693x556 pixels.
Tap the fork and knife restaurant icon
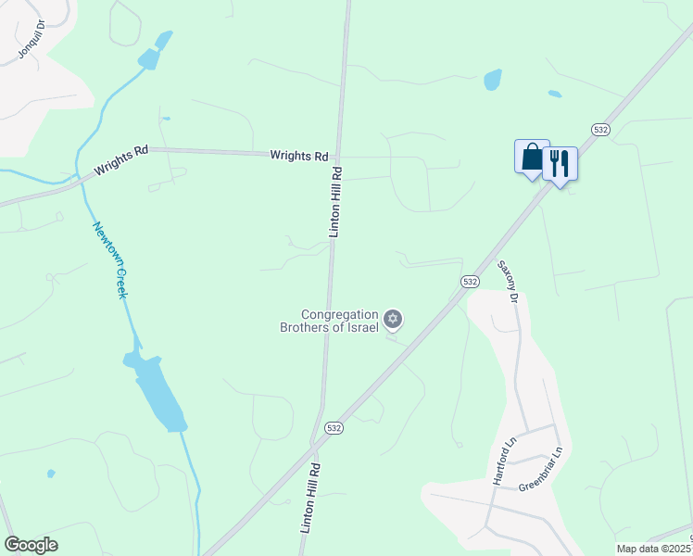tap(560, 164)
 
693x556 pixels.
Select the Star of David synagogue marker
tap(393, 320)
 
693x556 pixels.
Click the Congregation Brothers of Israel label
tap(330, 321)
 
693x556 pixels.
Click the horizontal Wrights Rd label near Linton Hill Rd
tap(299, 156)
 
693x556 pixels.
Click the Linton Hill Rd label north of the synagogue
tap(335, 202)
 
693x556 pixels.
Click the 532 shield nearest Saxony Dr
tap(470, 281)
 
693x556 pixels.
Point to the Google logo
tap(31, 545)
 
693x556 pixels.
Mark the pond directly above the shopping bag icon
tap(492, 80)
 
